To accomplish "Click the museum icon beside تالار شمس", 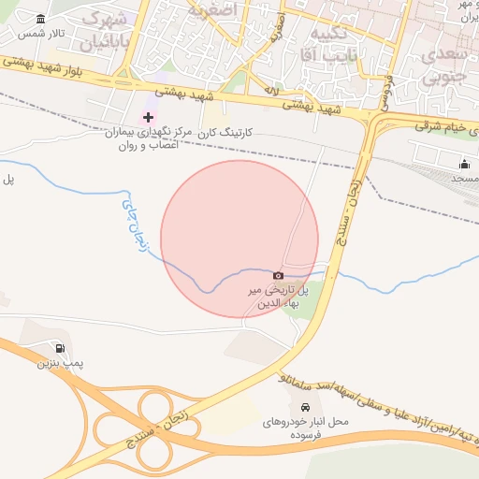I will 40,20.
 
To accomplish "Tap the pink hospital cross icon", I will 148,117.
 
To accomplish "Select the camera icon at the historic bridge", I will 278,275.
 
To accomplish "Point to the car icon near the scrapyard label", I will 306,407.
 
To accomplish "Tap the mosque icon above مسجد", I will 464,165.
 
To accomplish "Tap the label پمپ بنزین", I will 55,362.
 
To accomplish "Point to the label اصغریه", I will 212,11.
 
